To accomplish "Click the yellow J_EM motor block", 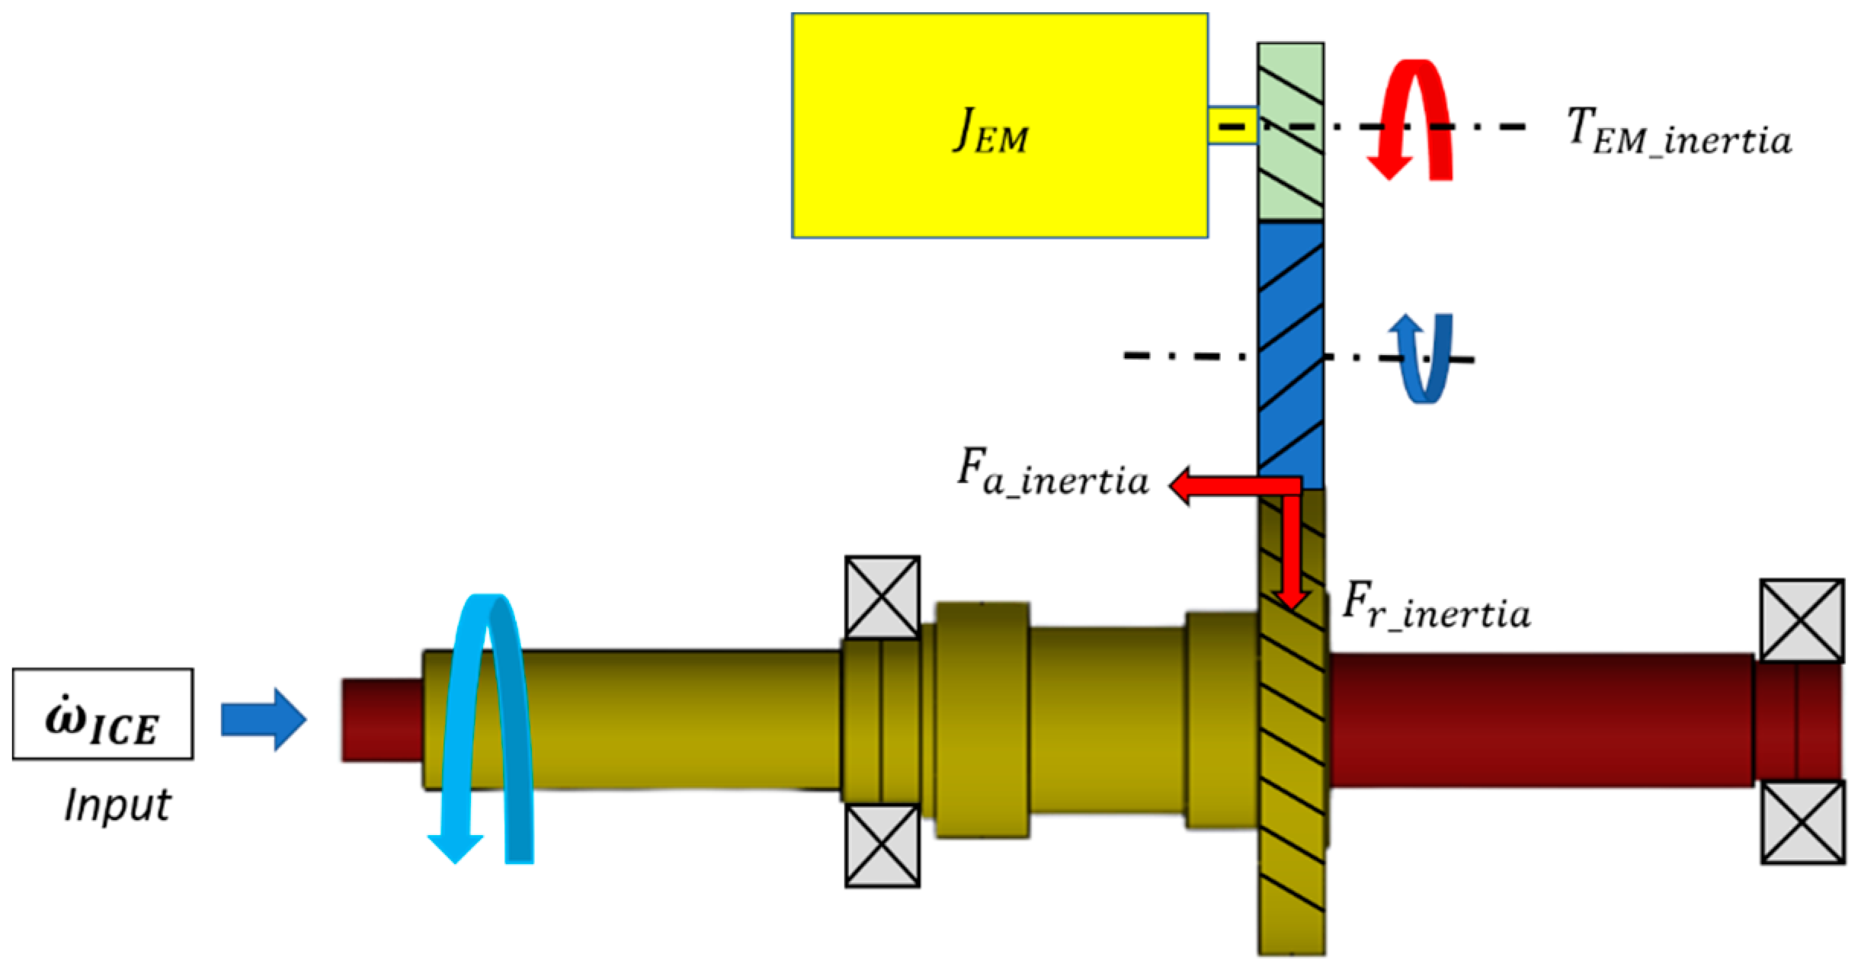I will [999, 126].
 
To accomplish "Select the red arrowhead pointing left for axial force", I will [1185, 485].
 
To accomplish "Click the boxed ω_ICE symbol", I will [102, 714].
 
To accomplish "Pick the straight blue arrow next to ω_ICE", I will [264, 719].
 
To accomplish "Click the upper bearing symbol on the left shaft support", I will [882, 597].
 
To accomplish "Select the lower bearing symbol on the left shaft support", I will [882, 845].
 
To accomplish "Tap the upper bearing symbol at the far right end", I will [1802, 620].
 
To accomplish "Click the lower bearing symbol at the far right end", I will [1802, 822].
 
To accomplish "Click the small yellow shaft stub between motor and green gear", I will [1232, 125].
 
